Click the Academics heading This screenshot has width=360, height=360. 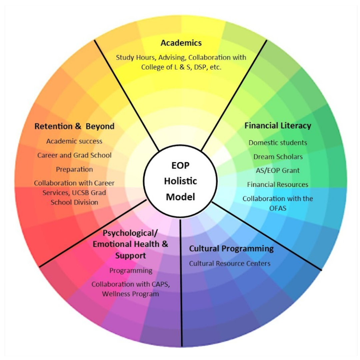tap(181, 43)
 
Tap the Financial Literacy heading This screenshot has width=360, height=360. tap(278, 126)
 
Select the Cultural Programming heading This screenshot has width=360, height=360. tap(231, 249)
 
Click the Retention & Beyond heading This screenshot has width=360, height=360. tap(74, 126)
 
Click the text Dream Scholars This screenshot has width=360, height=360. tap(278, 156)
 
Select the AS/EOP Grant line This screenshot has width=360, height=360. tap(278, 170)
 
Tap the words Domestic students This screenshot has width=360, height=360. tap(278, 143)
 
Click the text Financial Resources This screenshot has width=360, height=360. tap(278, 184)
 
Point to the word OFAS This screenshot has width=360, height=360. tap(278, 207)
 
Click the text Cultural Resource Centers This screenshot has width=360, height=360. tap(230, 263)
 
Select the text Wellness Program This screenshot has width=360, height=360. tap(130, 294)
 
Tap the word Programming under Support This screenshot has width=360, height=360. tap(131, 270)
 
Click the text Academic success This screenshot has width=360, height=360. tap(74, 141)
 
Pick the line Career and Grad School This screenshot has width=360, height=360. tap(74, 155)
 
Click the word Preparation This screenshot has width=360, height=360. tap(74, 169)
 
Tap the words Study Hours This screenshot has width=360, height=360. tap(135, 57)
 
